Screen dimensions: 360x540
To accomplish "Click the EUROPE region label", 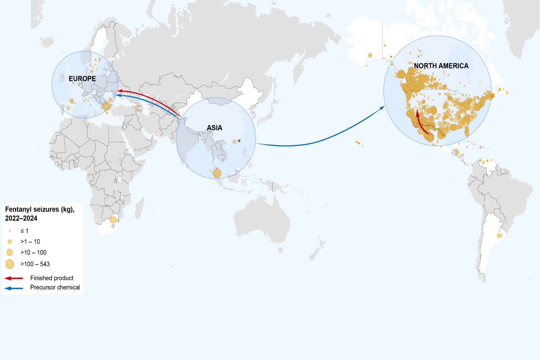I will (x=82, y=78).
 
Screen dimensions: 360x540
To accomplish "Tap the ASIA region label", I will (x=215, y=128).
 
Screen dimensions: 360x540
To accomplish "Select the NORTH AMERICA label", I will (x=441, y=66).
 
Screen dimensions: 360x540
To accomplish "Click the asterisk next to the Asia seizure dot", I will (x=239, y=141).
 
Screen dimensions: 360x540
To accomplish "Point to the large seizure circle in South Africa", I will (x=113, y=220).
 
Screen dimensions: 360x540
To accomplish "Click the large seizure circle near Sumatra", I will (x=217, y=173).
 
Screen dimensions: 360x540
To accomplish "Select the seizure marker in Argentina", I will (x=499, y=236).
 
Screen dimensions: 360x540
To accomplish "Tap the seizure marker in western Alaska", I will (x=370, y=55).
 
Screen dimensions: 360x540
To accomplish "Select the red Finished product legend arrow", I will (x=14, y=278).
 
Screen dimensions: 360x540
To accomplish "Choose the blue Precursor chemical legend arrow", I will (x=14, y=288).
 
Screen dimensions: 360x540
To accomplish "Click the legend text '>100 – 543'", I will (x=35, y=264).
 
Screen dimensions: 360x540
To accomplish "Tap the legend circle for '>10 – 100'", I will (x=10, y=252).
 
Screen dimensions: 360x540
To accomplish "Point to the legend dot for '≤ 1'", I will (x=10, y=231).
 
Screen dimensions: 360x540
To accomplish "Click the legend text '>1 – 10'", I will (x=30, y=242).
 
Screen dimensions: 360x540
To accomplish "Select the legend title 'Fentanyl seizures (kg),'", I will (x=40, y=210).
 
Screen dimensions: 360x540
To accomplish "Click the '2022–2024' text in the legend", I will (x=21, y=218).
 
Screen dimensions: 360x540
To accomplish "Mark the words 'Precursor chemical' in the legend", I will (x=55, y=287).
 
